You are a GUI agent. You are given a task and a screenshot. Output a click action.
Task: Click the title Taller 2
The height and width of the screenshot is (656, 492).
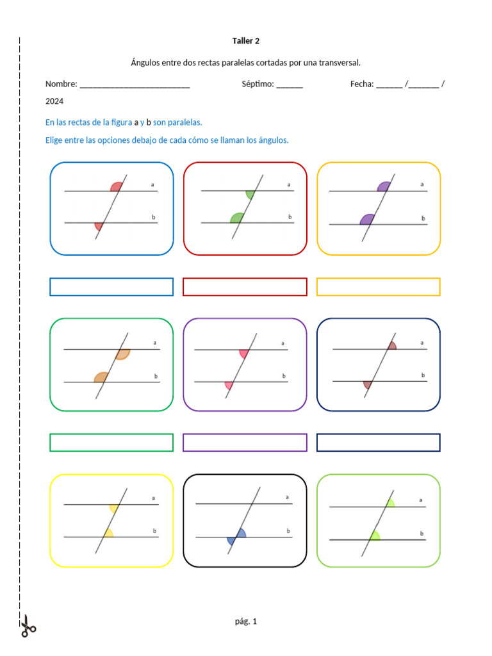tap(246, 41)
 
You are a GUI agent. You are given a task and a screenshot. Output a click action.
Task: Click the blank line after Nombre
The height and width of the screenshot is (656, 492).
tap(135, 85)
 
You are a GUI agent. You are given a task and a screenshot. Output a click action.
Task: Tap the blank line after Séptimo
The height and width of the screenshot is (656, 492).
tap(290, 85)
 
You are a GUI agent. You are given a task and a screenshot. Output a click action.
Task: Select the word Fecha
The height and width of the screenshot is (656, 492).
tap(361, 84)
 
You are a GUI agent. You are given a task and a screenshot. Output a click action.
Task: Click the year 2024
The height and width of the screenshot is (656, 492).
tap(54, 101)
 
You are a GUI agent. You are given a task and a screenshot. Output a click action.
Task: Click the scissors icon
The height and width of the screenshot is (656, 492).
tap(28, 626)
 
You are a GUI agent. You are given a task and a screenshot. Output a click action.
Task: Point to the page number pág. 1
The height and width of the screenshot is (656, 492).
tap(246, 621)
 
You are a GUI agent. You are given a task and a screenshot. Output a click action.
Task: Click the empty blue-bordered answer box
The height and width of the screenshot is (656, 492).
tap(111, 287)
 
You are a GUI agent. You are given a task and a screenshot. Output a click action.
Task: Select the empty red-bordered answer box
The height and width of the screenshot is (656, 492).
tap(245, 287)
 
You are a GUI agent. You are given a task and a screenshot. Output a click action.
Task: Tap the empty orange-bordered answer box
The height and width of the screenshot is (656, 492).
tap(379, 287)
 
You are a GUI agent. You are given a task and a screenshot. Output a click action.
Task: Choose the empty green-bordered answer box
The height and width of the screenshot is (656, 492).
tap(111, 443)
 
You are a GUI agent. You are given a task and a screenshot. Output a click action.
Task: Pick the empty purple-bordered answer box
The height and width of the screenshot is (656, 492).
tap(245, 443)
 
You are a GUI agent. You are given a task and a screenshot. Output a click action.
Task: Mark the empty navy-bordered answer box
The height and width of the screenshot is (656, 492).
tap(379, 443)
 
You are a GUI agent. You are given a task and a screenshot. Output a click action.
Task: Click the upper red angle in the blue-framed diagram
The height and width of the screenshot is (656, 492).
tap(117, 187)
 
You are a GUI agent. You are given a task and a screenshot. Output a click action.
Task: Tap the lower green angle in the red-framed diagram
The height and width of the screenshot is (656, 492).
tap(237, 218)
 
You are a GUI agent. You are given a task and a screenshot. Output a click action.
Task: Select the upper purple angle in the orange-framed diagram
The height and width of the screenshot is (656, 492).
tap(384, 187)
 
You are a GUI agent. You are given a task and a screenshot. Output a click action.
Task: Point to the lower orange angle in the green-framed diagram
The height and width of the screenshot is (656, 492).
tap(101, 377)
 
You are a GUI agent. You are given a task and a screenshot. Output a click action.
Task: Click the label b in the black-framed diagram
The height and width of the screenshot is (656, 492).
tap(288, 530)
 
